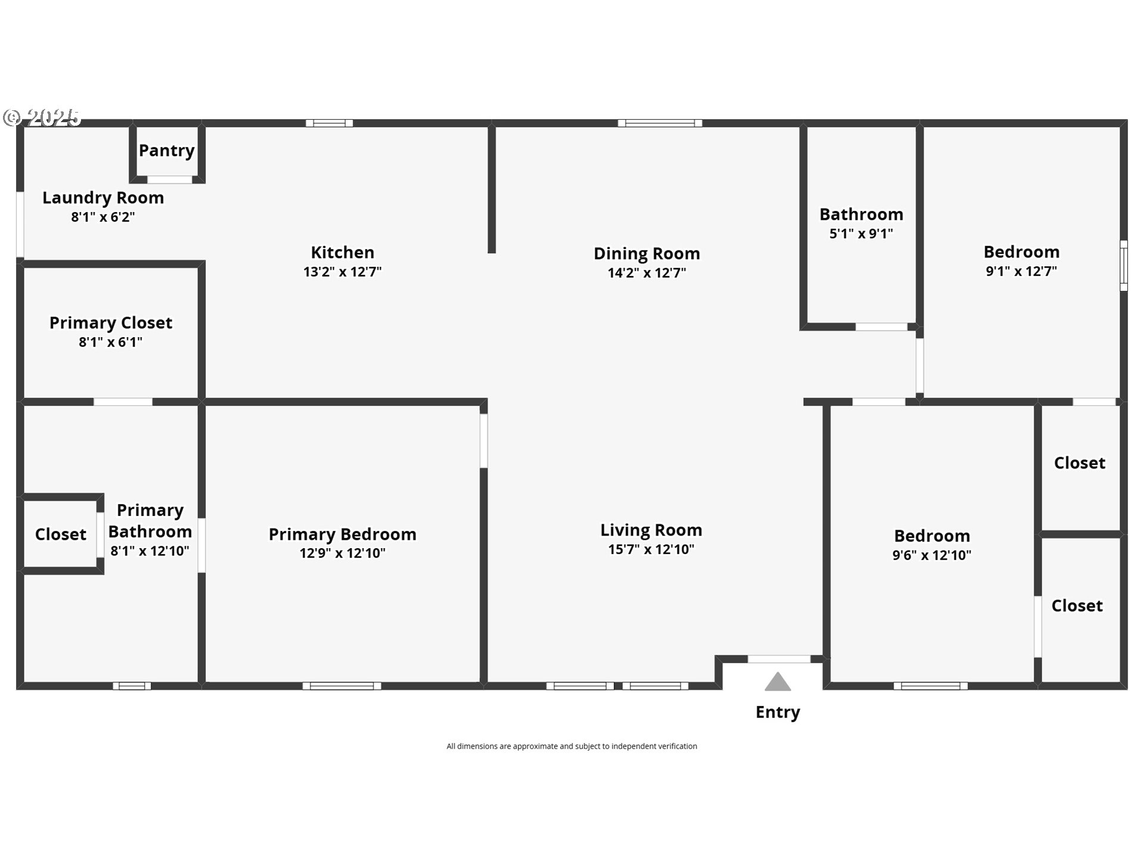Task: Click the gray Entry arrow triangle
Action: click(778, 682)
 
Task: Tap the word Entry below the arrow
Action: click(778, 712)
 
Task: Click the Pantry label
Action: click(167, 151)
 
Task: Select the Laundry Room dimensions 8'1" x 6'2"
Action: click(103, 217)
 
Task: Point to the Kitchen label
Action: click(343, 253)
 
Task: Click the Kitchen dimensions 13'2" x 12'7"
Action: click(343, 272)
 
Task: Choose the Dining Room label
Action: click(646, 254)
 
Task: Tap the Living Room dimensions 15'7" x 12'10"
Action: click(651, 549)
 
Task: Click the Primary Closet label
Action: click(111, 323)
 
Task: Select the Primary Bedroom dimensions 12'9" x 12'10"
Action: click(343, 553)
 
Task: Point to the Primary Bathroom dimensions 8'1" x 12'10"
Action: click(150, 551)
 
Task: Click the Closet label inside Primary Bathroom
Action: click(61, 534)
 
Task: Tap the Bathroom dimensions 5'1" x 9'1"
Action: click(861, 234)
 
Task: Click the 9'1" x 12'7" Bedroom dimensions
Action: click(1021, 271)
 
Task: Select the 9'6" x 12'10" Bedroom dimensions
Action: click(932, 555)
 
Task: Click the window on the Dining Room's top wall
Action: click(660, 123)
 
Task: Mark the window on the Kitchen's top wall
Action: click(329, 123)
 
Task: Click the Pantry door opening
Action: click(170, 179)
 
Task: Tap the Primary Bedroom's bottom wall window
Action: click(342, 686)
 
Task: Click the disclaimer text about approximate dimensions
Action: click(572, 746)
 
